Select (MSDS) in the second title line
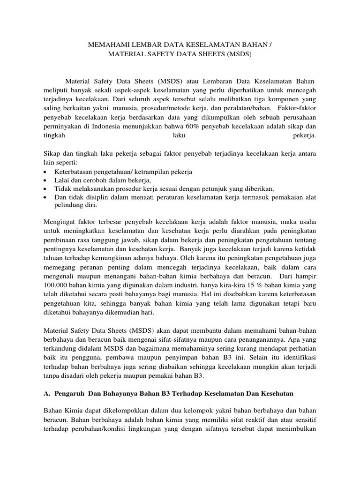tap(239, 54)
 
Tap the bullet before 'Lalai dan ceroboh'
tap(45, 180)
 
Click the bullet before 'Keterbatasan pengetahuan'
tap(45, 172)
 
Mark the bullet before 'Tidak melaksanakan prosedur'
tap(45, 188)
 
